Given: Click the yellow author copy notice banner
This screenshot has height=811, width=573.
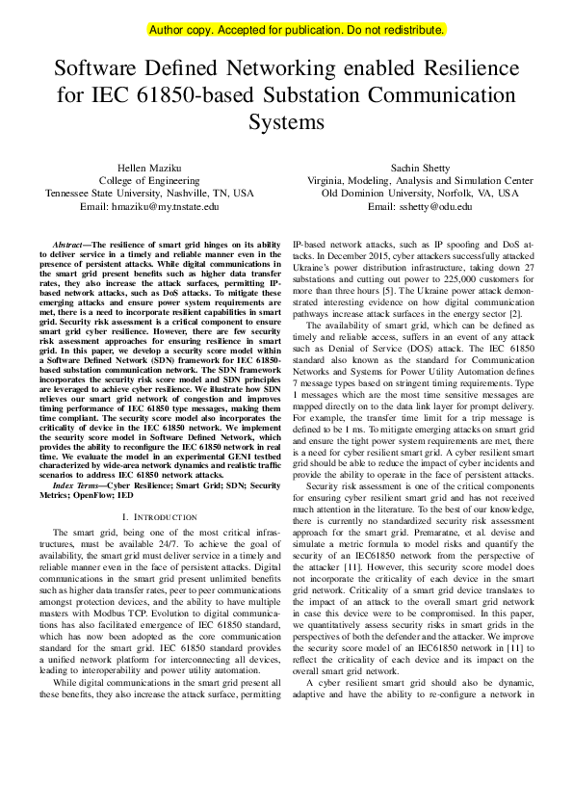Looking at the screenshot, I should pos(297,30).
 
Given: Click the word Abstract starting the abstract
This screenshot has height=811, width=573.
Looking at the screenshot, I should pos(68,246).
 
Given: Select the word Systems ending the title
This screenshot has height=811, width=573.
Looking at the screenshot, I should pos(286,123).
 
